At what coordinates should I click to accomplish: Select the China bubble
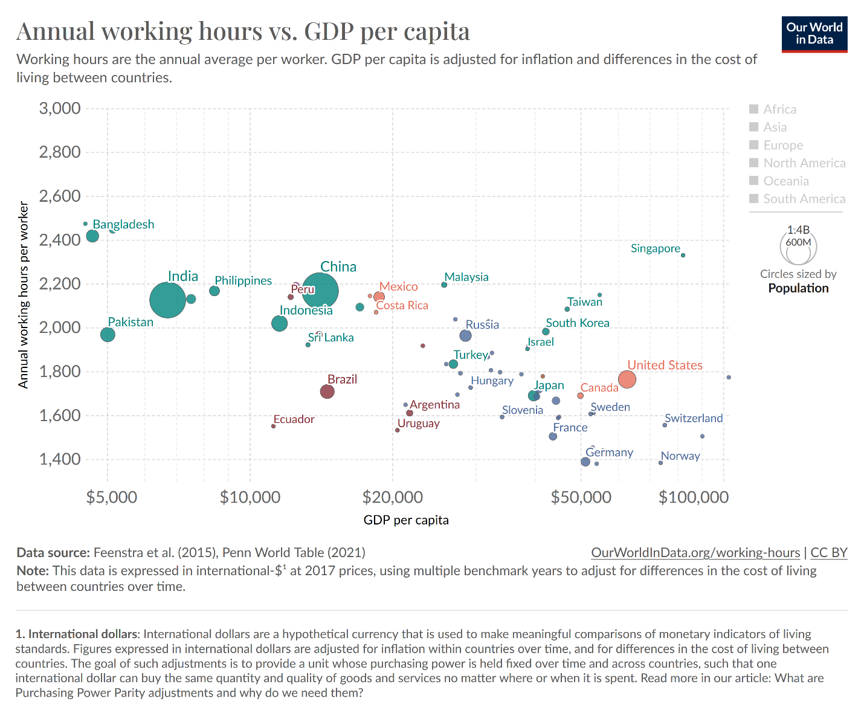pyautogui.click(x=320, y=291)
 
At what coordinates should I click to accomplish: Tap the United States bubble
pyautogui.click(x=627, y=379)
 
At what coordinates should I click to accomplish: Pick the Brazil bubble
pyautogui.click(x=327, y=392)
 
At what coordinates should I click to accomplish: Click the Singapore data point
pyautogui.click(x=683, y=255)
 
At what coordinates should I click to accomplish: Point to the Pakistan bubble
pyautogui.click(x=108, y=334)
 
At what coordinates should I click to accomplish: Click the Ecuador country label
pyautogui.click(x=294, y=419)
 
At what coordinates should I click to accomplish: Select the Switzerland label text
pyautogui.click(x=694, y=418)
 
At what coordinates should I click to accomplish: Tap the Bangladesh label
pyautogui.click(x=123, y=224)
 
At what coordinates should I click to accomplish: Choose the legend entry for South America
pyautogui.click(x=804, y=199)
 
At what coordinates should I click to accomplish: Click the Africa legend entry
pyautogui.click(x=779, y=109)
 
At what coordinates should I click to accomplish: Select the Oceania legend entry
pyautogui.click(x=785, y=181)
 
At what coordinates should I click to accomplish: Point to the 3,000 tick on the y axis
pyautogui.click(x=60, y=109)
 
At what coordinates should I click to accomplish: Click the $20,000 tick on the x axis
pyautogui.click(x=393, y=497)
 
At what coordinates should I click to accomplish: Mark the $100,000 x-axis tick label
pyautogui.click(x=694, y=497)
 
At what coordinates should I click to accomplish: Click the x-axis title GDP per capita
pyautogui.click(x=406, y=520)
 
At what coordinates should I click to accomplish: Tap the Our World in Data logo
pyautogui.click(x=814, y=34)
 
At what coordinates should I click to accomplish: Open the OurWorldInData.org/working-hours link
pyautogui.click(x=695, y=552)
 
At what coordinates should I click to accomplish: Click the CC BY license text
pyautogui.click(x=828, y=552)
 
